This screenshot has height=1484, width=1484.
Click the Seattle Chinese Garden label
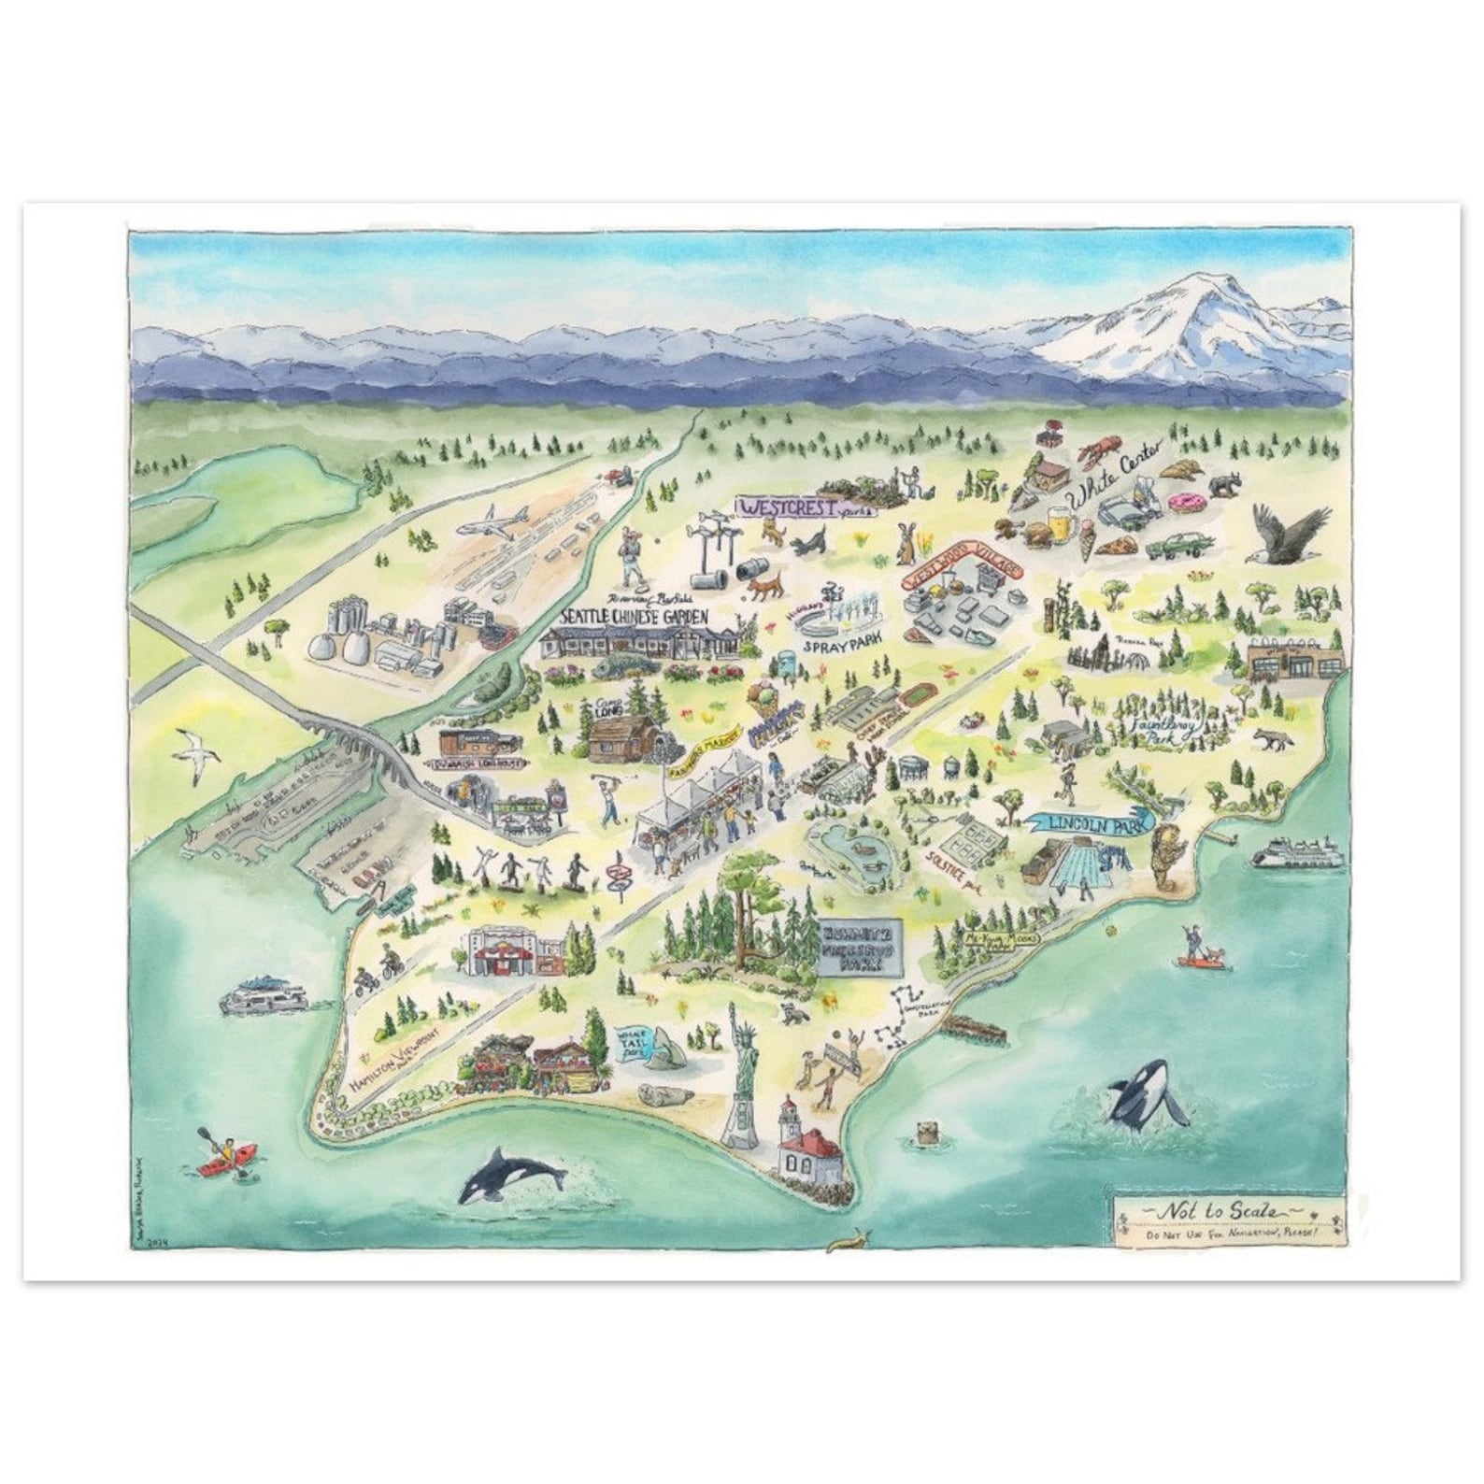click(x=633, y=618)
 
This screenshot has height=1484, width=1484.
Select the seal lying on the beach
click(x=664, y=1094)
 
